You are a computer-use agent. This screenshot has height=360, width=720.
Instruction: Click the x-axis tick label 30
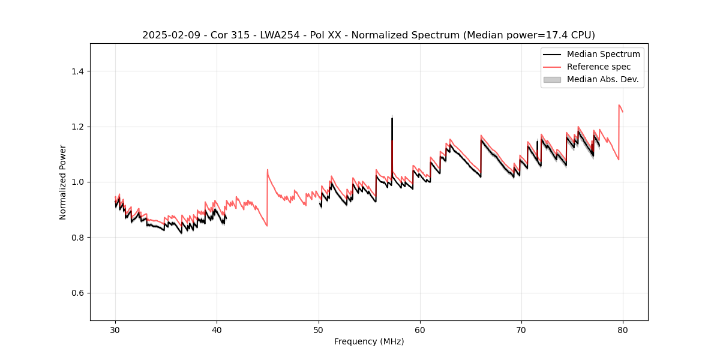(x=115, y=329)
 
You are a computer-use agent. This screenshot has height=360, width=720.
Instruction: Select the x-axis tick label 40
(x=217, y=329)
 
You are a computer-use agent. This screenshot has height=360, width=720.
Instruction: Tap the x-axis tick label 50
(x=319, y=329)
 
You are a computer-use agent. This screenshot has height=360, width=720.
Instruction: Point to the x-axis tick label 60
(x=420, y=329)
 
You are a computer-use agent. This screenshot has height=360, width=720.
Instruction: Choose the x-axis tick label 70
(x=521, y=329)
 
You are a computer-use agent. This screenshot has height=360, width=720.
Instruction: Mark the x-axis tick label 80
(x=623, y=329)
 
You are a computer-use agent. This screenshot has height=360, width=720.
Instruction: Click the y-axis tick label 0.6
(x=77, y=293)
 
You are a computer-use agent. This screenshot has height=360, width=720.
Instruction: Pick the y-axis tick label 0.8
(x=77, y=238)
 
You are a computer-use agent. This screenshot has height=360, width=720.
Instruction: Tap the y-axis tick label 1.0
(x=77, y=182)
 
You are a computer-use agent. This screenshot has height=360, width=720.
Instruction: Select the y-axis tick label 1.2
(x=77, y=127)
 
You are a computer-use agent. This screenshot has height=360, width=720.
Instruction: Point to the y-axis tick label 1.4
(x=77, y=71)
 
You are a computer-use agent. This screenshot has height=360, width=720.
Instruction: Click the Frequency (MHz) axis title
(x=369, y=341)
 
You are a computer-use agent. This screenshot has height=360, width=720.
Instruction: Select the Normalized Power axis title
(x=63, y=182)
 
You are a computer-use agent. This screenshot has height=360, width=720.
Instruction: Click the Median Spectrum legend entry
(x=603, y=54)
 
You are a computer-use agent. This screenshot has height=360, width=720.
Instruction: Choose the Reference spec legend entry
(x=603, y=67)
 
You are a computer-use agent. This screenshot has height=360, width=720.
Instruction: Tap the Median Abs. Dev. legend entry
(x=603, y=79)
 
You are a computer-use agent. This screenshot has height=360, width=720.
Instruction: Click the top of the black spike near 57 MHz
(x=392, y=118)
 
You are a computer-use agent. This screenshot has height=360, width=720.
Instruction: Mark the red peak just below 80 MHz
(x=619, y=105)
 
